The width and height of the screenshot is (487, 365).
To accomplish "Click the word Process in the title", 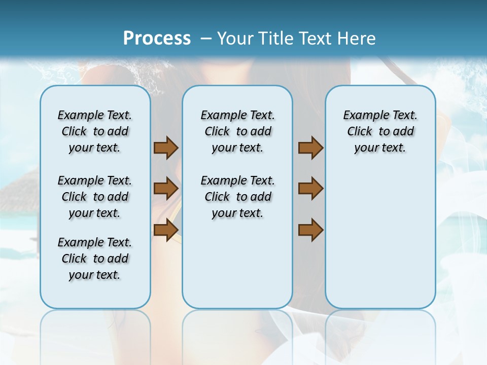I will [157, 38].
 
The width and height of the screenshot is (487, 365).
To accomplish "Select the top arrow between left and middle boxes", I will [166, 148].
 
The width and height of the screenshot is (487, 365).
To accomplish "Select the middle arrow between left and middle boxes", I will [166, 189].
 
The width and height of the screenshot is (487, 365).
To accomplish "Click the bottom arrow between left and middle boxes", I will [166, 230].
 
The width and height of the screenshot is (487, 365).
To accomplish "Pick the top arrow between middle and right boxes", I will [310, 148].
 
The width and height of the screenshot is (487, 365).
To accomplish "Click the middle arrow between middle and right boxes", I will [310, 189].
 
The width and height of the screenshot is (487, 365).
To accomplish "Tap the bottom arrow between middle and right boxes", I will [310, 230].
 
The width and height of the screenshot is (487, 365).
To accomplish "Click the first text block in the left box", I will [95, 131].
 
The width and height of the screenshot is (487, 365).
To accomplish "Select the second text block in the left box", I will [95, 197].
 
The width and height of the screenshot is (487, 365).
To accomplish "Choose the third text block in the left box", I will [95, 259].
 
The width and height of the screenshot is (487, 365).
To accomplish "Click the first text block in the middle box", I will [237, 131].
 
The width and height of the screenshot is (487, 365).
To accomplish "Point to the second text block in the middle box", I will [237, 197].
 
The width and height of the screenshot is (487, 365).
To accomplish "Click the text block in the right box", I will [380, 131].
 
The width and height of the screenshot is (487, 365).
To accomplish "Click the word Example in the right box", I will [362, 115].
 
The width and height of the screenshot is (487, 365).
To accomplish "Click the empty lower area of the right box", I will [380, 243].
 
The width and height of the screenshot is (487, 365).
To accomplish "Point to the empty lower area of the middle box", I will [237, 269].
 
